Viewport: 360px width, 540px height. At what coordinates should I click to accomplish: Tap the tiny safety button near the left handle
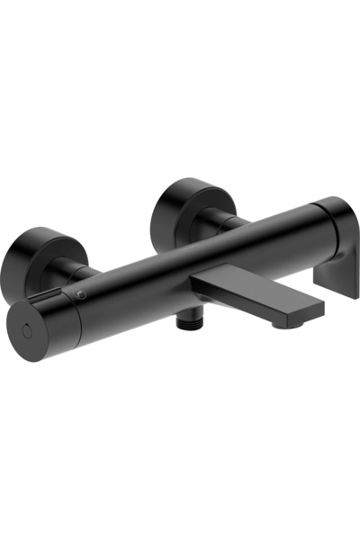[x=83, y=293]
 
